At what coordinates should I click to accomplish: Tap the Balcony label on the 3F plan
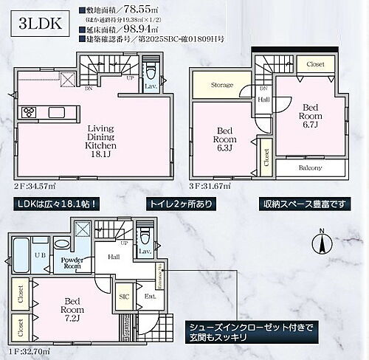click(311, 168)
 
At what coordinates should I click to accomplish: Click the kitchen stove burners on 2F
click(30, 113)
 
